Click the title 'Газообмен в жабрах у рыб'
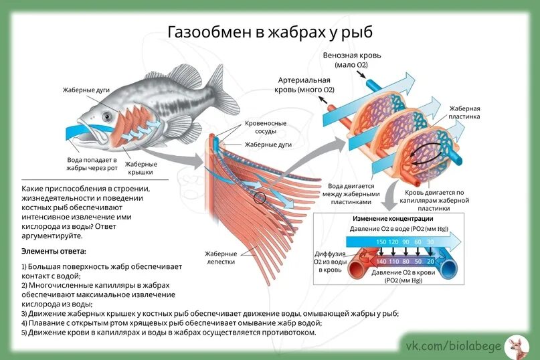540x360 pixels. coord(269,32)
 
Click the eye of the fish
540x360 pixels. coord(107,117)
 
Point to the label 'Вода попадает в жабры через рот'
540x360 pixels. coord(92,164)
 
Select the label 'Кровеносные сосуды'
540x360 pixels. coord(266,127)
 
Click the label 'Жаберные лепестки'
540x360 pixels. coord(221,258)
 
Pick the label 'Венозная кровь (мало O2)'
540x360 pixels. coord(352,60)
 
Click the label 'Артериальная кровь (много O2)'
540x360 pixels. coord(306,84)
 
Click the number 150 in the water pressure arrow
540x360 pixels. coord(381,242)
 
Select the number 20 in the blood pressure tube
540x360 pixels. coord(430,261)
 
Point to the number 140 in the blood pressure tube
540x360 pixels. coord(382,261)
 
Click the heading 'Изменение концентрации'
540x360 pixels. coord(393,219)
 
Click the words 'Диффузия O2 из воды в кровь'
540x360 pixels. coord(330,262)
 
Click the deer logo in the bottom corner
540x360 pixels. coord(516,346)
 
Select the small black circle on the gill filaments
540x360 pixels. coord(260,197)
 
